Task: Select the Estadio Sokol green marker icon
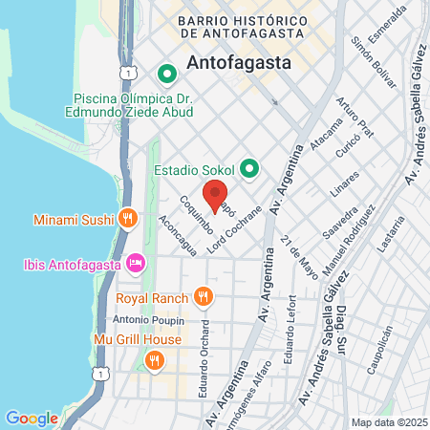click(250, 169)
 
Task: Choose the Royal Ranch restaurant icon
click(202, 297)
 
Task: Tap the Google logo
click(32, 418)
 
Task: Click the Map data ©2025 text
click(389, 422)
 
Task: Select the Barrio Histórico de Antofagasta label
click(247, 28)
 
